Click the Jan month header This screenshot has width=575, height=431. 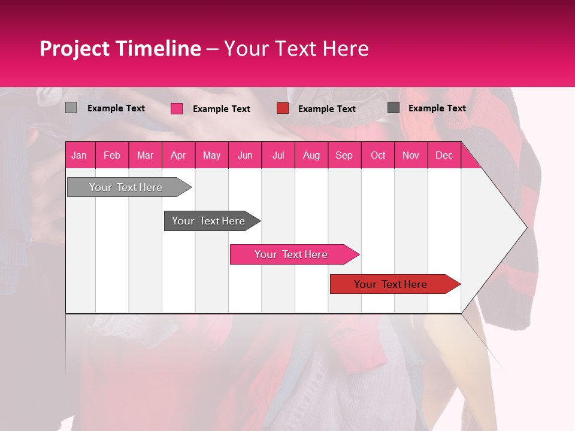tap(80, 155)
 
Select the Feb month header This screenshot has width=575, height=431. tap(112, 155)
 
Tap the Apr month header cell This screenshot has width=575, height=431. tap(178, 155)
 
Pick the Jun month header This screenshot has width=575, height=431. tap(245, 155)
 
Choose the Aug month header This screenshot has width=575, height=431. tap(311, 155)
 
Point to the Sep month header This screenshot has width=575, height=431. tap(344, 155)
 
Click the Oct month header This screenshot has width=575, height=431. tap(378, 155)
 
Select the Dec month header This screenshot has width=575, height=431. tap(444, 155)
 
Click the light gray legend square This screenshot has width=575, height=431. tap(71, 108)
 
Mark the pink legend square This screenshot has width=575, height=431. tap(177, 108)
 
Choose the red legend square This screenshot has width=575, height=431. tap(283, 108)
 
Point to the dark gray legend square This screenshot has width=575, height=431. tap(394, 108)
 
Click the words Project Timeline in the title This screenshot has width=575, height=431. tap(120, 48)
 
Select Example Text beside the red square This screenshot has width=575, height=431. tap(327, 108)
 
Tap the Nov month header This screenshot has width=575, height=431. tap(411, 155)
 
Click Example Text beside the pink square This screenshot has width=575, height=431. tap(222, 108)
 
